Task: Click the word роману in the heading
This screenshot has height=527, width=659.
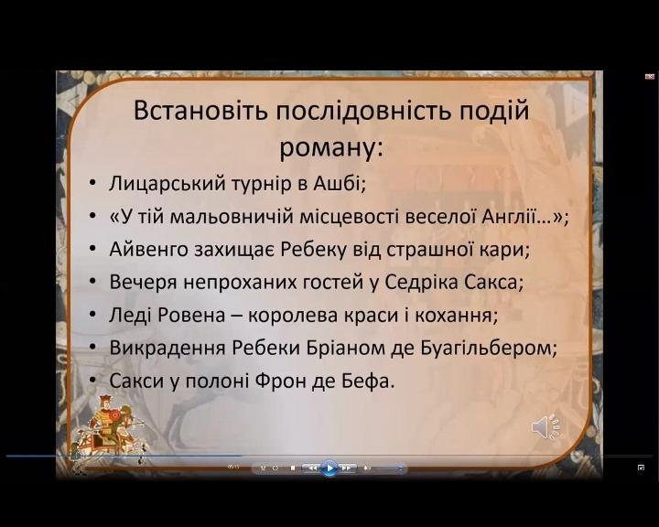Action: click(x=327, y=148)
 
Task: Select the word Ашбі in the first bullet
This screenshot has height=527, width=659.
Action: click(x=338, y=183)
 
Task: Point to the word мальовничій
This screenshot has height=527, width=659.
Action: click(x=232, y=217)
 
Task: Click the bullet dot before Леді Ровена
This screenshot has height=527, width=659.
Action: click(x=92, y=315)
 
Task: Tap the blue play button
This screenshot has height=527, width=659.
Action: click(x=329, y=468)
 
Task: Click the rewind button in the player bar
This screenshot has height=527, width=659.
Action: click(x=312, y=468)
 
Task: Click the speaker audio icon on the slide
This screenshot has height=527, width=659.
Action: click(x=546, y=428)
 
